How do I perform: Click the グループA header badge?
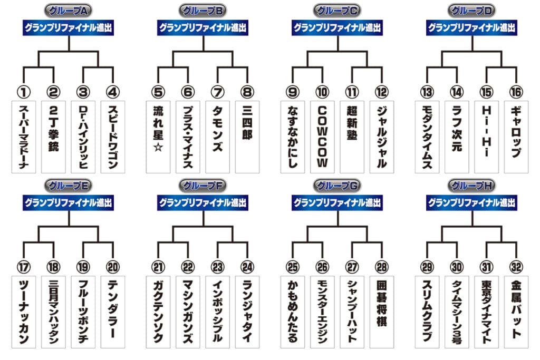click(68, 11)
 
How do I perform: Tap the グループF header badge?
click(202, 186)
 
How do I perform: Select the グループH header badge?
click(471, 186)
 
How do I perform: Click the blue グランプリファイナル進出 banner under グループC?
click(337, 28)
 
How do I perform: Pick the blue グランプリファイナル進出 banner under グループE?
click(68, 203)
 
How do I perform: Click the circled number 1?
click(24, 92)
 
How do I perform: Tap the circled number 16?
click(516, 92)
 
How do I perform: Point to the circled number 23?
click(218, 267)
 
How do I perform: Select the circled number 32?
click(516, 267)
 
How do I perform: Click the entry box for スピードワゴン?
click(113, 137)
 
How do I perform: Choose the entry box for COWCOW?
click(322, 137)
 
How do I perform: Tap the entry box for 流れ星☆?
click(158, 137)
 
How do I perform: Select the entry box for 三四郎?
click(247, 137)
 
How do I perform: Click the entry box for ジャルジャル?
click(382, 137)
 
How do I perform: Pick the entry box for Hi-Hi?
click(486, 137)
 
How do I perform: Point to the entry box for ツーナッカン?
click(24, 312)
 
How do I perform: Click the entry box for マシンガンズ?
click(188, 312)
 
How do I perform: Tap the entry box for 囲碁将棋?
click(382, 312)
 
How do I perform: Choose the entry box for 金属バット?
click(516, 312)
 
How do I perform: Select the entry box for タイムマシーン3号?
click(457, 312)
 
